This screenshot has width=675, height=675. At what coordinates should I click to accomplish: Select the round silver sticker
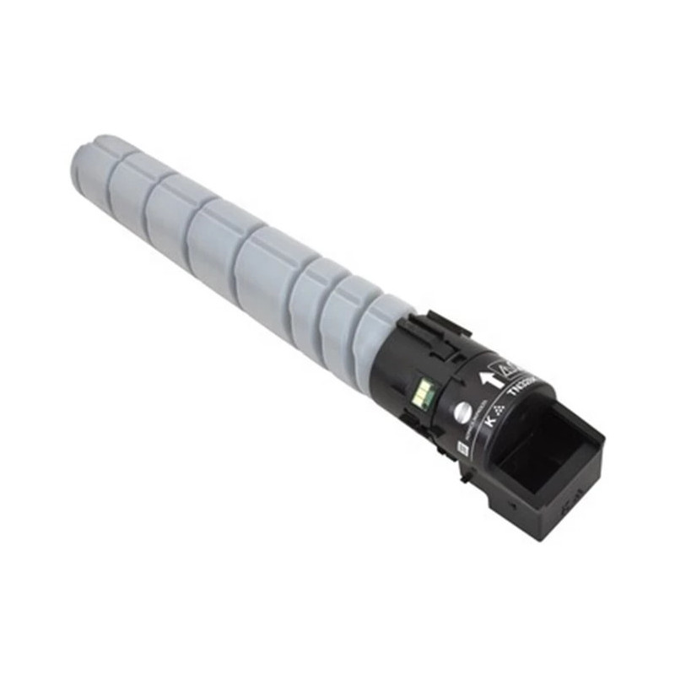pos(462,413)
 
